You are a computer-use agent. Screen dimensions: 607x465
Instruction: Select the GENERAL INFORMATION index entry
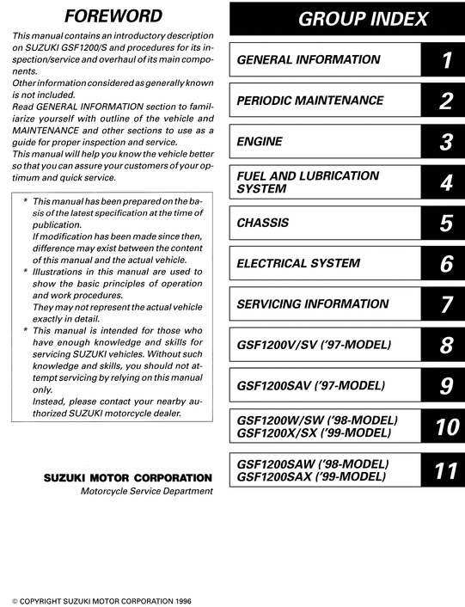308,60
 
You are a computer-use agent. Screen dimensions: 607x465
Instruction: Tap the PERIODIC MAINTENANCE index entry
314,101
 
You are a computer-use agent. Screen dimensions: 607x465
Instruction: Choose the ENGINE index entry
260,141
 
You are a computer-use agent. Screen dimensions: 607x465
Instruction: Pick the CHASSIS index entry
262,223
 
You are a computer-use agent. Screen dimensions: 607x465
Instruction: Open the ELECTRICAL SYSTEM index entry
310,263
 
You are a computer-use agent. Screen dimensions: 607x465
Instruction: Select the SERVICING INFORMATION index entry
313,303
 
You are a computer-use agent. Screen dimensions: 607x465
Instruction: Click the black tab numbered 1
445,60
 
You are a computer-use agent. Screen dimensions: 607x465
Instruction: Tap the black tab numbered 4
445,182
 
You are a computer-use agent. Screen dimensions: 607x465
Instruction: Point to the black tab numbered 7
445,304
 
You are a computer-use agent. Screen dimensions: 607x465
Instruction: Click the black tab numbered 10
444,426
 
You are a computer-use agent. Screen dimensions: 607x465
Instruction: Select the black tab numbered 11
444,469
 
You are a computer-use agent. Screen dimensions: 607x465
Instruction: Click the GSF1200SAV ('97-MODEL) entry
310,385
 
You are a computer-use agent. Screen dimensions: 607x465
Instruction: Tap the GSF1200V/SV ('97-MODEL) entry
314,345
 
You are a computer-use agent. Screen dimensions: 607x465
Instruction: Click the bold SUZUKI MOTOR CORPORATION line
126,477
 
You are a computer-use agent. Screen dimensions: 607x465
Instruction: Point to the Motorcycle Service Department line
145,491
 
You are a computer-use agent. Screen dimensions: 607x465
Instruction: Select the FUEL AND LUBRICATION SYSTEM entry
307,181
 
